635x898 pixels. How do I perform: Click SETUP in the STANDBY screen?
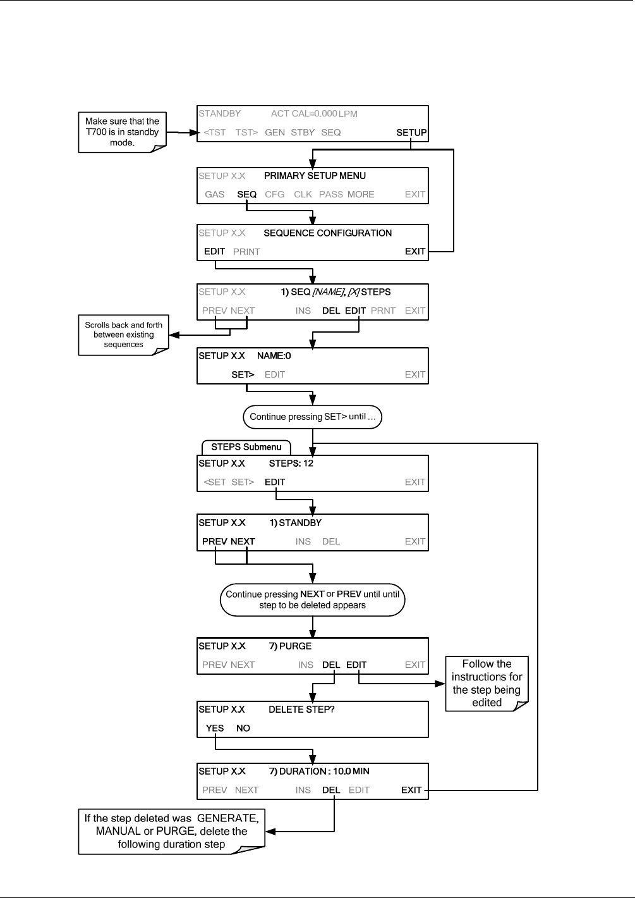(x=411, y=133)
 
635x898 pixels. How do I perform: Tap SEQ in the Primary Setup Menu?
(x=246, y=194)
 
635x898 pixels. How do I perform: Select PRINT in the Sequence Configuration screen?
(x=246, y=252)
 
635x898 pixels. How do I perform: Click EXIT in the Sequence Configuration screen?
(x=414, y=251)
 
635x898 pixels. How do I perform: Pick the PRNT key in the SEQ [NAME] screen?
(x=383, y=311)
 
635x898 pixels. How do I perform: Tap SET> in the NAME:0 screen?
(x=243, y=374)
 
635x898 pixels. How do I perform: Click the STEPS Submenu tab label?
(x=246, y=447)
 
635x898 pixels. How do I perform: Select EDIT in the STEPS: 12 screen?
(x=275, y=482)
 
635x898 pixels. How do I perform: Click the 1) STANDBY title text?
(x=295, y=523)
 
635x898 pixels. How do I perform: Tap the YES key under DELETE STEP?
(x=215, y=728)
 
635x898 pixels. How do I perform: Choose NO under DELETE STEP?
(x=243, y=728)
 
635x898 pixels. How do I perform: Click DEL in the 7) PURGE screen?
(x=331, y=665)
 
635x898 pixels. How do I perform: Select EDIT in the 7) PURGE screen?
(x=356, y=665)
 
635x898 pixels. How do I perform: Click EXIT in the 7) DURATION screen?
(x=411, y=790)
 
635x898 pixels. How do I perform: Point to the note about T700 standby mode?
(x=122, y=132)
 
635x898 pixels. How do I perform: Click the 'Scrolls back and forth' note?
(x=123, y=335)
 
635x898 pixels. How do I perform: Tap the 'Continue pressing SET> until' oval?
(x=313, y=417)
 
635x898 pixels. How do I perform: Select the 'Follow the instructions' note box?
(x=487, y=683)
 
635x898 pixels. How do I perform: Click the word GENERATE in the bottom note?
(x=227, y=818)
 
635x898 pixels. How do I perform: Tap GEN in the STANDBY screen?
(x=275, y=133)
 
